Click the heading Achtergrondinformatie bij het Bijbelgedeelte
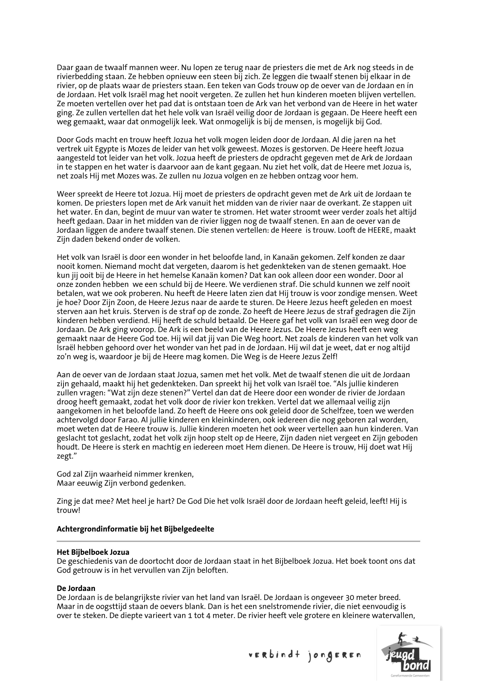pyautogui.click(x=135, y=529)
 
